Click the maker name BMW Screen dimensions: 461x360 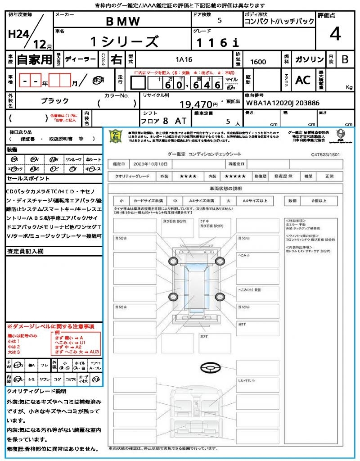123,22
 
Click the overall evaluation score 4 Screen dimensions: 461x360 334,34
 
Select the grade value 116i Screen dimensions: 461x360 217,42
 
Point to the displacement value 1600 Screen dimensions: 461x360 258,62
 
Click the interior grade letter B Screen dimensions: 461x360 345,59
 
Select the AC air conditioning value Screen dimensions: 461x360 303,80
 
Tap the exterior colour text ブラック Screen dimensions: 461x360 55,101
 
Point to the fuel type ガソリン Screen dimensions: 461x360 309,59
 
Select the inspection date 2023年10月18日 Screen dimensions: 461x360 153,163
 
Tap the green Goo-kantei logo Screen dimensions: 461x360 117,136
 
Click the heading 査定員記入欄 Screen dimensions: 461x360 25,251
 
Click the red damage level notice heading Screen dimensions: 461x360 50,326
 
